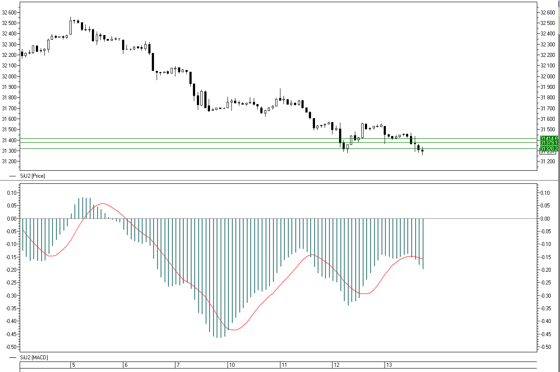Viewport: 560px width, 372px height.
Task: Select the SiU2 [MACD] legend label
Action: pyautogui.click(x=34, y=358)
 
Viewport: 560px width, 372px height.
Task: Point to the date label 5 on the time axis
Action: pyautogui.click(x=73, y=365)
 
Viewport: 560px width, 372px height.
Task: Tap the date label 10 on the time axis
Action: pyautogui.click(x=232, y=365)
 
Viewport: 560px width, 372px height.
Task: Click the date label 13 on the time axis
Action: pyautogui.click(x=389, y=365)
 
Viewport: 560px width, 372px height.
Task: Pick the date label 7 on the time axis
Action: pyautogui.click(x=178, y=365)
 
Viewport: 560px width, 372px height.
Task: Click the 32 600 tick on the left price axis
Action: pyautogui.click(x=9, y=12)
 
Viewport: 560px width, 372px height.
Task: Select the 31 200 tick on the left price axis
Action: pyautogui.click(x=9, y=161)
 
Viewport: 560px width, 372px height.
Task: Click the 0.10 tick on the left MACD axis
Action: pyautogui.click(x=12, y=193)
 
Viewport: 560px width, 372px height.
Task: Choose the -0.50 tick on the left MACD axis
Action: pyautogui.click(x=11, y=347)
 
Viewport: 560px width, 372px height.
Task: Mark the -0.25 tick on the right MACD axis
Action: pyautogui.click(x=545, y=283)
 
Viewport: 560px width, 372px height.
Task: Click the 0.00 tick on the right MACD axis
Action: pyautogui.click(x=545, y=218)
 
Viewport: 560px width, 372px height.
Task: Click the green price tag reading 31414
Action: pyautogui.click(x=549, y=138)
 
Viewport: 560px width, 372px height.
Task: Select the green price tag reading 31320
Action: pyautogui.click(x=549, y=149)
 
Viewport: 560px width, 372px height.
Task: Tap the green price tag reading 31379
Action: pyautogui.click(x=549, y=143)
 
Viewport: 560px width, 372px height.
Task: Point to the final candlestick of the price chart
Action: pyautogui.click(x=422, y=151)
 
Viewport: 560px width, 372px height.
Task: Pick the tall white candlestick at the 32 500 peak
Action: pyautogui.click(x=70, y=27)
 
